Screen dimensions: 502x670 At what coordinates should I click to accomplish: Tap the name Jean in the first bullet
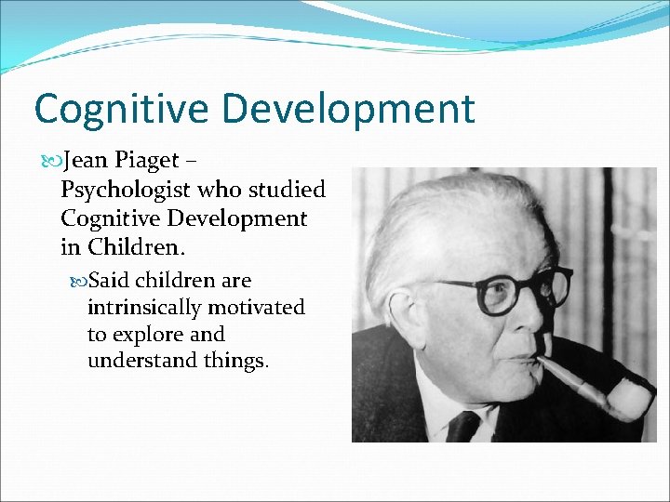coord(85,160)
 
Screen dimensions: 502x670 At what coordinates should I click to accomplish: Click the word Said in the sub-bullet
coord(108,280)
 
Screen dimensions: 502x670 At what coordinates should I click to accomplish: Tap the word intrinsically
coord(144,307)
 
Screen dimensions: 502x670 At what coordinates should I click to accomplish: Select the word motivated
coord(257,307)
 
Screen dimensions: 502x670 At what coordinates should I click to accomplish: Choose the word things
coord(237,361)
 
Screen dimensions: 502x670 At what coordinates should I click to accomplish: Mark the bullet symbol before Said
coord(78,281)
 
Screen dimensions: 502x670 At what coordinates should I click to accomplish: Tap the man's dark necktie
coord(462,427)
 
